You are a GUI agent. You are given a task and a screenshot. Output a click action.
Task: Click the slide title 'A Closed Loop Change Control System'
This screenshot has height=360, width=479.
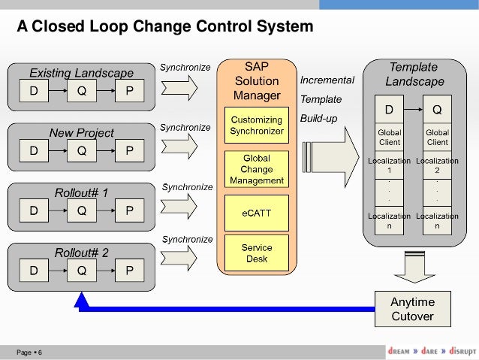pyautogui.click(x=165, y=27)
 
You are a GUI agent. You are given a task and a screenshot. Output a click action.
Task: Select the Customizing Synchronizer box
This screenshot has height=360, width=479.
pyautogui.click(x=257, y=126)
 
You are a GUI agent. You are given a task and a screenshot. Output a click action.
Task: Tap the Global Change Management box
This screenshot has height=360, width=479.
pyautogui.click(x=257, y=170)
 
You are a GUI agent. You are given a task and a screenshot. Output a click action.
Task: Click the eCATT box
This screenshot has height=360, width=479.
pyautogui.click(x=257, y=213)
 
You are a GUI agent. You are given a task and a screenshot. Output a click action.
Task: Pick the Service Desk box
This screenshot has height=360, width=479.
pyautogui.click(x=257, y=253)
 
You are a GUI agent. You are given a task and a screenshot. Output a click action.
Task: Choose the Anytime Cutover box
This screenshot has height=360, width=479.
pyautogui.click(x=412, y=309)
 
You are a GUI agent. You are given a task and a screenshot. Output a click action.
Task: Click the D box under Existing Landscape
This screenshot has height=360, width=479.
pyautogui.click(x=34, y=92)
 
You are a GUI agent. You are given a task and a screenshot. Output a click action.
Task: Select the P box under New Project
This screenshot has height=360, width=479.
pyautogui.click(x=129, y=151)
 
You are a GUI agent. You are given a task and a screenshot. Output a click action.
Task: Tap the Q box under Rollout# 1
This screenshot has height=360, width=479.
pyautogui.click(x=81, y=211)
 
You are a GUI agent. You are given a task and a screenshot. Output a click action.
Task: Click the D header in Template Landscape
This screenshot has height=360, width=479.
pyautogui.click(x=389, y=110)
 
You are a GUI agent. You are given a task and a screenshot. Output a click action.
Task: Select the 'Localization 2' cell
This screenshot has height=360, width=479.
pyautogui.click(x=437, y=166)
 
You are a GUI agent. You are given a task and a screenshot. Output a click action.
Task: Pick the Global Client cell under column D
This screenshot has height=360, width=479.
pyautogui.click(x=389, y=138)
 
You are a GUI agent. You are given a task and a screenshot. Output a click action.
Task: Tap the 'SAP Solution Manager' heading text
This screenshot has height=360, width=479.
pyautogui.click(x=257, y=80)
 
